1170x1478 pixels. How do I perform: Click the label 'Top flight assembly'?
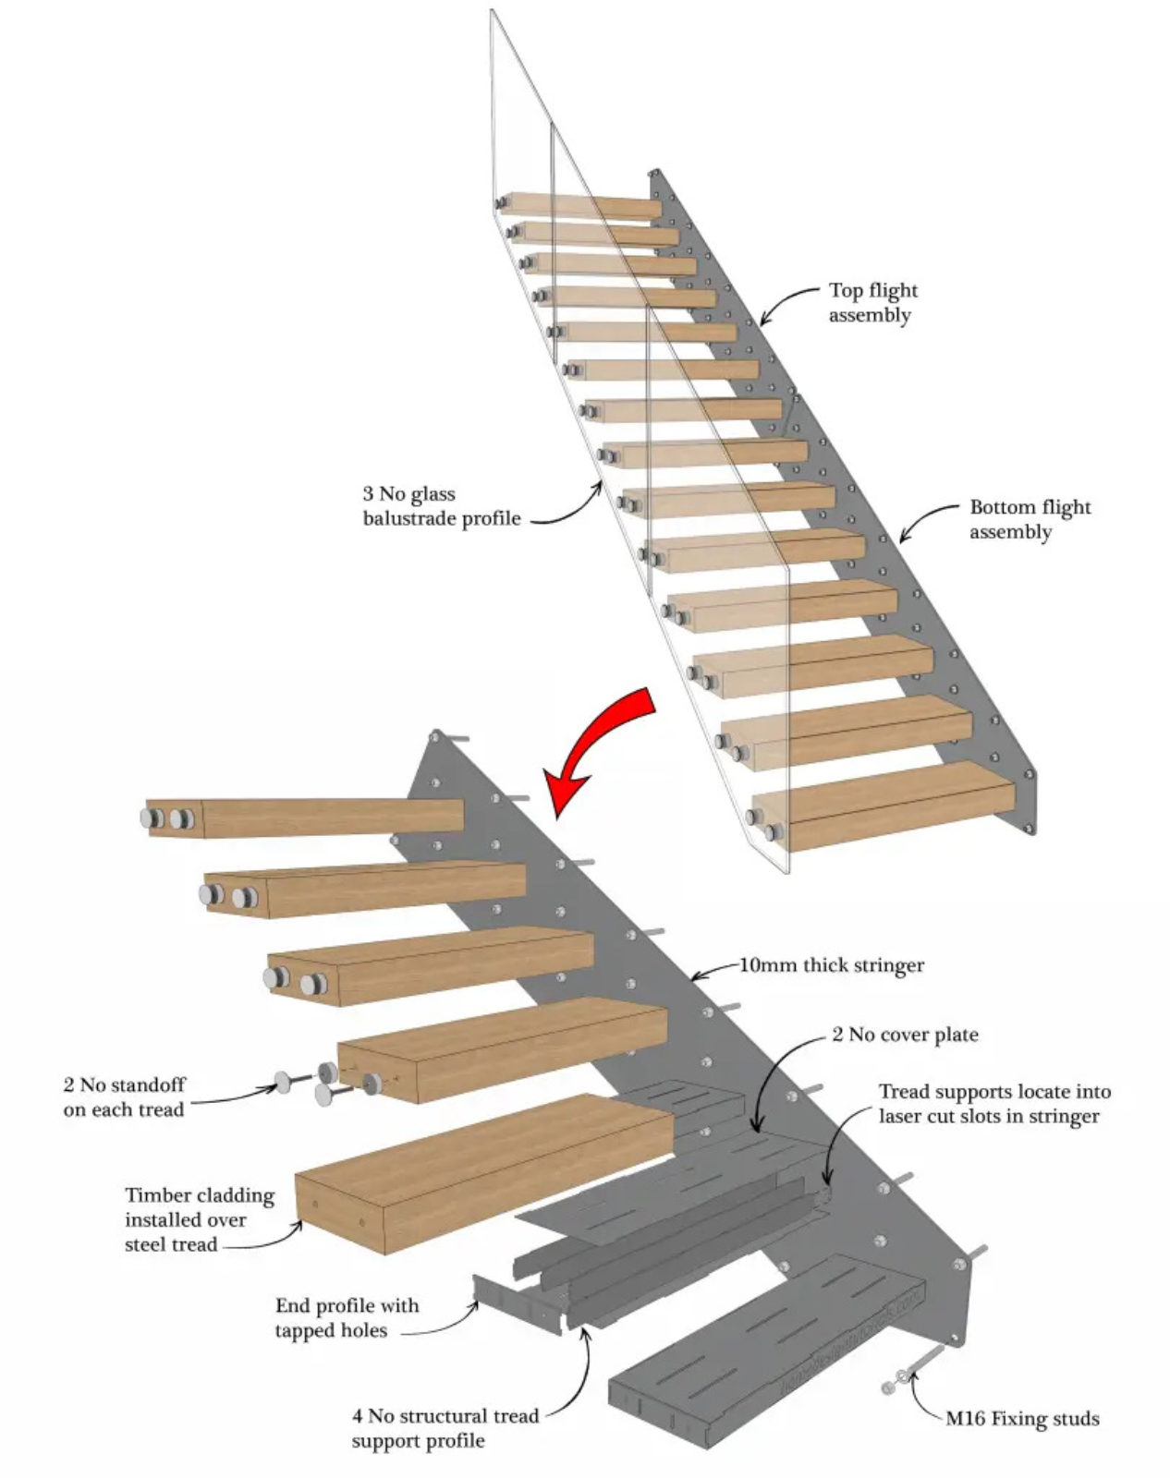871,302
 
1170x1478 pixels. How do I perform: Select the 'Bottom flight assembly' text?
1029,519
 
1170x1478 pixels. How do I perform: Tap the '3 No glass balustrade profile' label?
441,506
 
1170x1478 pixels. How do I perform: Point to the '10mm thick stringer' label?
831,965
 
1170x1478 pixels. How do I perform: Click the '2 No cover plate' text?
904,1035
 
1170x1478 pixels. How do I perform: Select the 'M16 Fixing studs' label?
1021,1419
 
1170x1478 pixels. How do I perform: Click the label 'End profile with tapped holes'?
346,1318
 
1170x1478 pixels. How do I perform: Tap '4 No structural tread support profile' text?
445,1428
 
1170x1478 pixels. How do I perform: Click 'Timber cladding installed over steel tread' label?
199,1220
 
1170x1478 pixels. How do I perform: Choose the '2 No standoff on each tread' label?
124,1096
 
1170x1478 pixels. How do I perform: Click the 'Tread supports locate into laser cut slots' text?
993,1104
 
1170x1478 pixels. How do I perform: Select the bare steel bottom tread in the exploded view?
767,1339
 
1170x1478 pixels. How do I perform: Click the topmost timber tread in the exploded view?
305,818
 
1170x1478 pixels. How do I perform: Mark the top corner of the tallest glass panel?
491,11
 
